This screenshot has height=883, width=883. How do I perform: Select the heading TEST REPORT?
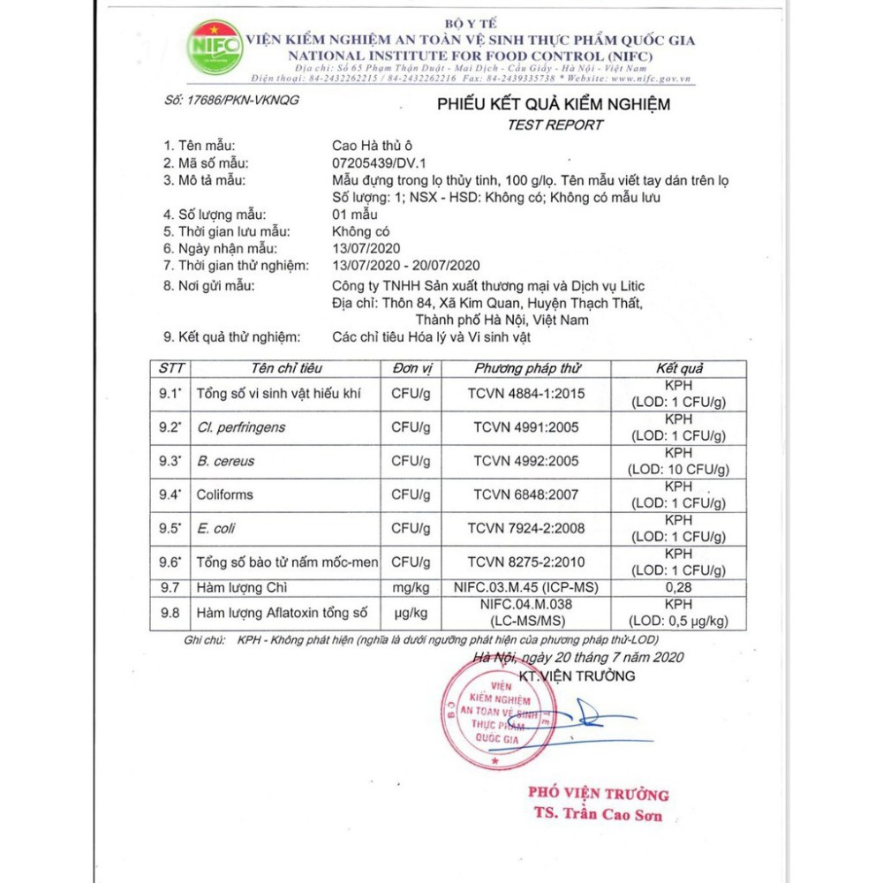pyautogui.click(x=555, y=125)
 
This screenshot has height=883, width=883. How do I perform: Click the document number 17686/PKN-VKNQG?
pyautogui.click(x=231, y=100)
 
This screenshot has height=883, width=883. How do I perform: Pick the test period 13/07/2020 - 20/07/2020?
pyautogui.click(x=404, y=265)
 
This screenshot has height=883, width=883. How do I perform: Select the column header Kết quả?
pyautogui.click(x=678, y=368)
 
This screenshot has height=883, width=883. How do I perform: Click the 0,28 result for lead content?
pyautogui.click(x=678, y=588)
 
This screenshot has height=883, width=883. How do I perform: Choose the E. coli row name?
pyautogui.click(x=215, y=529)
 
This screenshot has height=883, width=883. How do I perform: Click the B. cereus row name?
pyautogui.click(x=222, y=461)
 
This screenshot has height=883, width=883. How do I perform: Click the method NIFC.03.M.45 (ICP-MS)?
pyautogui.click(x=525, y=588)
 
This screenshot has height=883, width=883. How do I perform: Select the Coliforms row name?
pyautogui.click(x=224, y=494)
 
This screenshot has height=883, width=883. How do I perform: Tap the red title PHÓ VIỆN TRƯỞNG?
pyautogui.click(x=598, y=793)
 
